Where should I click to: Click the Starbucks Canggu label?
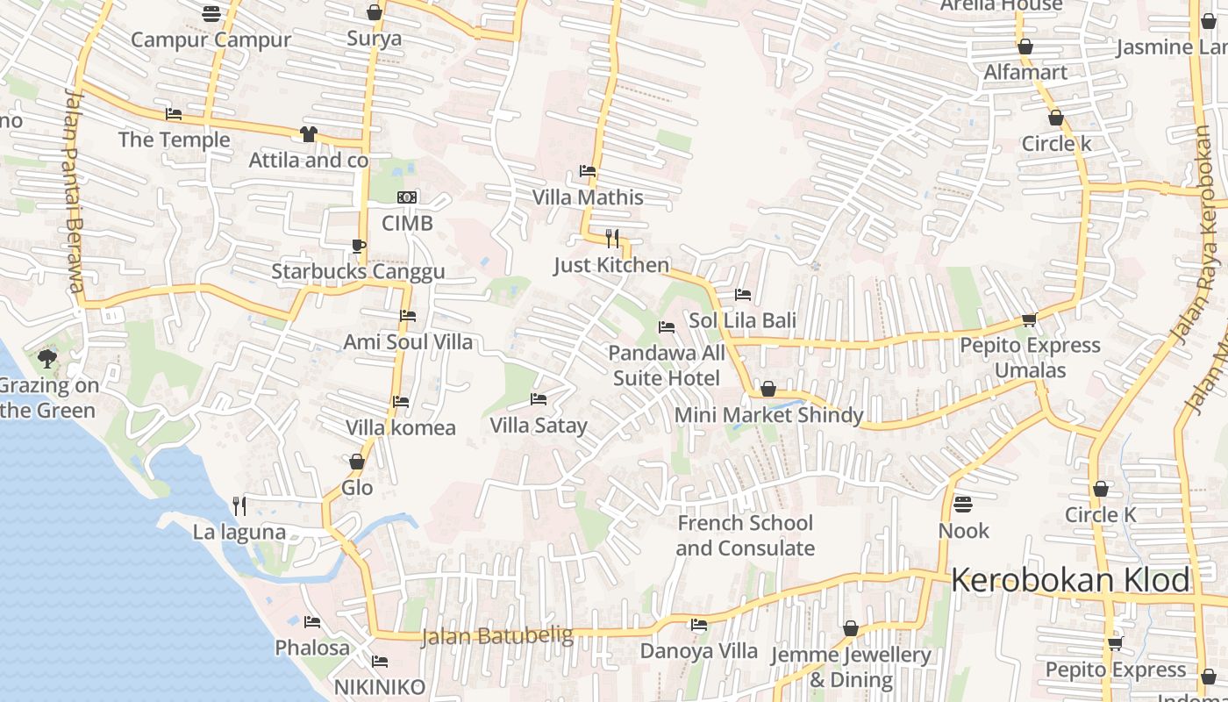point(358,272)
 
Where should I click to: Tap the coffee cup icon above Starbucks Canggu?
point(358,246)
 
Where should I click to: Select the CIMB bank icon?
point(407,197)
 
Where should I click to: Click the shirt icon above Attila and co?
point(308,134)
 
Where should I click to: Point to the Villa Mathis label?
point(588,197)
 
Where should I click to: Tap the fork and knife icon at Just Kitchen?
point(612,238)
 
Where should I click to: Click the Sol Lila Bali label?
point(742,320)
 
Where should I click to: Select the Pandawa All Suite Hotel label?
point(667,366)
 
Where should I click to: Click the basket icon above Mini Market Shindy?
point(768,389)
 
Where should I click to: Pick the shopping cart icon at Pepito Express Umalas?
point(1029,320)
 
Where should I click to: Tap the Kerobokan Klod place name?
point(1070,580)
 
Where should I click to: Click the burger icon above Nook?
point(963,505)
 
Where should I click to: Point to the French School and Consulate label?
point(745,535)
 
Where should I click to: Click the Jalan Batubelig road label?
point(496,635)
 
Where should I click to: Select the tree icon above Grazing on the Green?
point(47,358)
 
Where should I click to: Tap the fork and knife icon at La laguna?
point(239,505)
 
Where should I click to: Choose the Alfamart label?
point(1025,73)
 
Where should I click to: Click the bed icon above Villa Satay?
point(539,399)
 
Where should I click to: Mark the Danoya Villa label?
point(698,651)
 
